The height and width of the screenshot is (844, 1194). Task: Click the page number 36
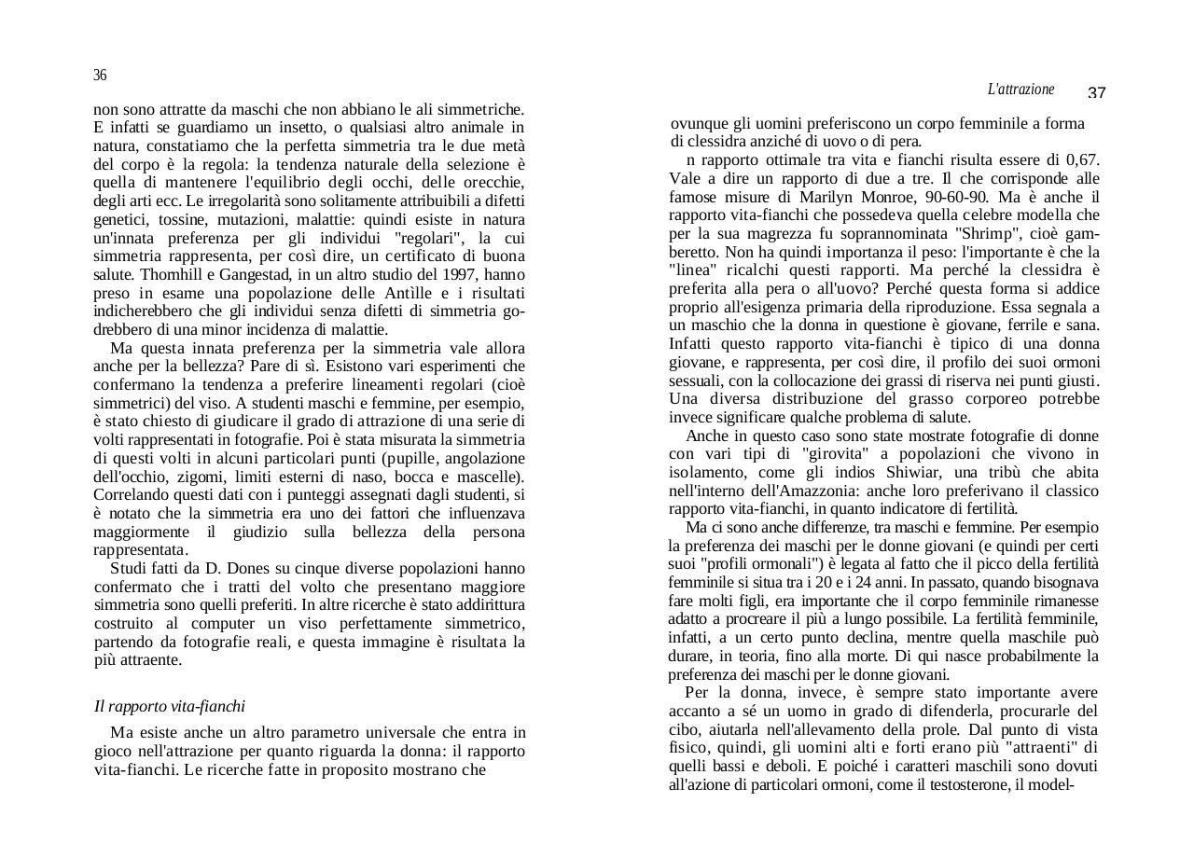tap(100, 76)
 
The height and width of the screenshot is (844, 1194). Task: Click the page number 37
tap(1097, 93)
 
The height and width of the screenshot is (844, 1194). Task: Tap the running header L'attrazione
tap(1020, 90)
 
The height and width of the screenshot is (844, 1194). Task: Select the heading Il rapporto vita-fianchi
tap(170, 707)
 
